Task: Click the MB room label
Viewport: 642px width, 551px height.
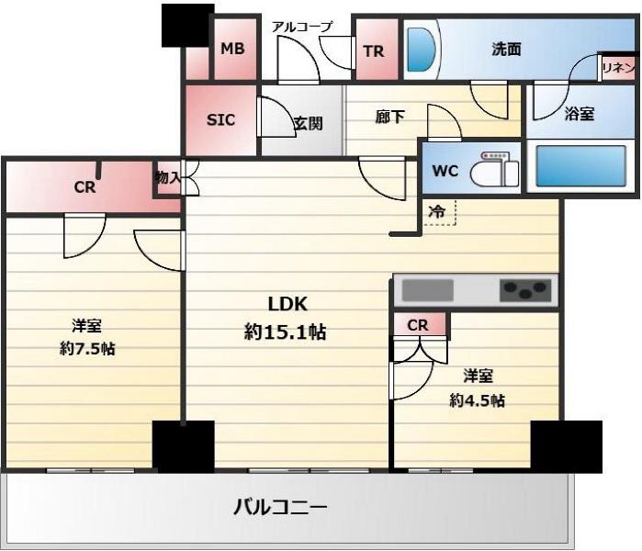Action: (x=232, y=49)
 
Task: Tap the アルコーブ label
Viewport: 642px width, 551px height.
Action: (x=301, y=27)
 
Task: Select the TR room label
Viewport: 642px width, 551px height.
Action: (x=374, y=51)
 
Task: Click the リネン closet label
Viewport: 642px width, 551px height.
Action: (x=615, y=66)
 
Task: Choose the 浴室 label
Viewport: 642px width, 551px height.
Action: (x=579, y=114)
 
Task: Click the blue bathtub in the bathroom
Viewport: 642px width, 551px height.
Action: (x=580, y=166)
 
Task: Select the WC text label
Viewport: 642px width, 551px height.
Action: (x=445, y=171)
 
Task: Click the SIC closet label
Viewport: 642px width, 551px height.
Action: (x=220, y=119)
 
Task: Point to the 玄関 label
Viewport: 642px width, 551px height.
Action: (x=308, y=122)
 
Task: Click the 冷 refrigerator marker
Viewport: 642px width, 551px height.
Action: (x=438, y=211)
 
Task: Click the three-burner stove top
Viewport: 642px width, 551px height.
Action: (x=524, y=291)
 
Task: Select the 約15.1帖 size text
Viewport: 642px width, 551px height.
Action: (x=285, y=332)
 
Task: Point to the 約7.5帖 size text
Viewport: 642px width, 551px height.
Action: (x=88, y=348)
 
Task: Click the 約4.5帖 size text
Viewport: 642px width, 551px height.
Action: (x=477, y=399)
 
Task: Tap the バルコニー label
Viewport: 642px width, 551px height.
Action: (x=280, y=506)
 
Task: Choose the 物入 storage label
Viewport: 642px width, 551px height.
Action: (x=167, y=177)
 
